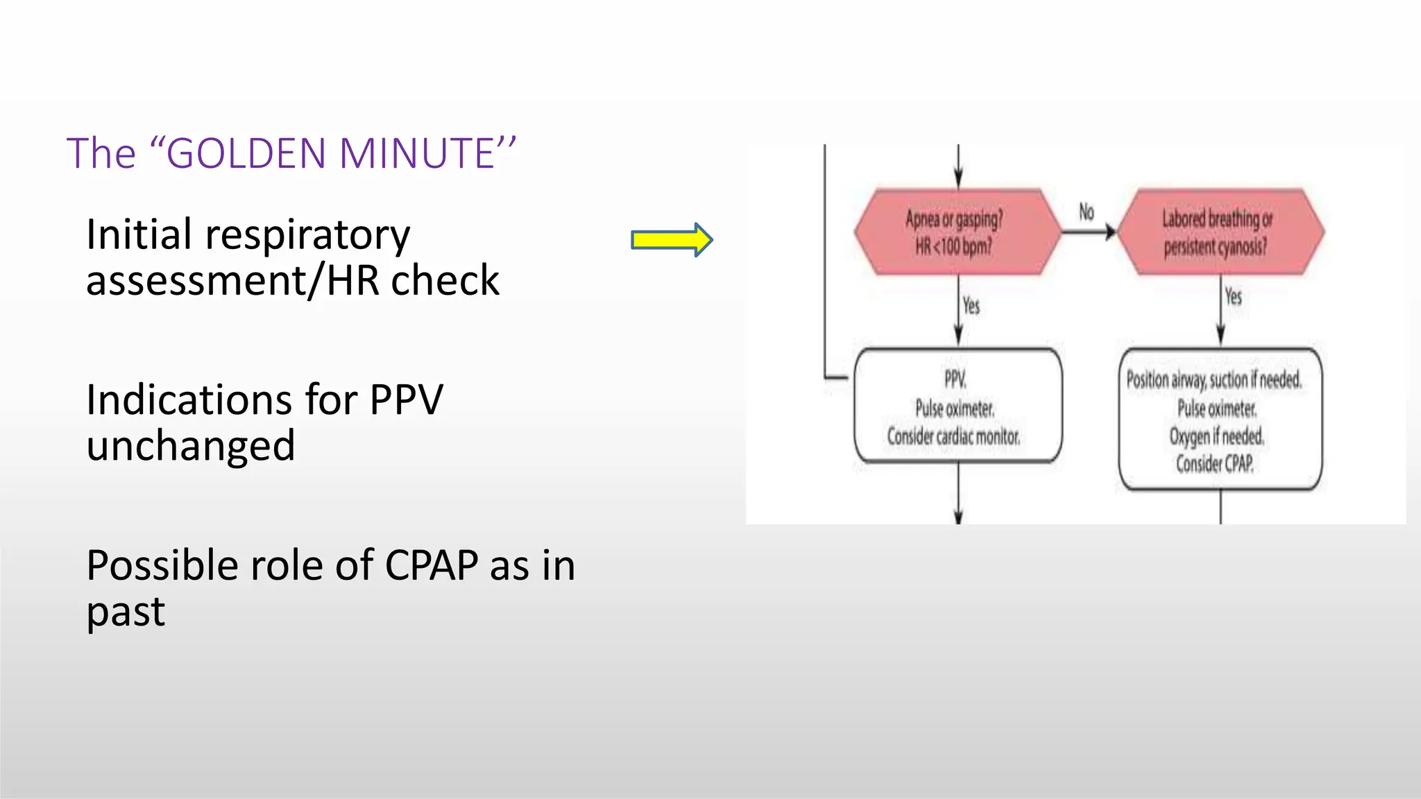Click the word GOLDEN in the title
[246, 153]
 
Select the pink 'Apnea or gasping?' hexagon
[957, 232]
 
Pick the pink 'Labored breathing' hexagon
[1219, 232]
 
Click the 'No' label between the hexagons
[1086, 212]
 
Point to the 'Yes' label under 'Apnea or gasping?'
[971, 305]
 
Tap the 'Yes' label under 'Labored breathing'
[1233, 297]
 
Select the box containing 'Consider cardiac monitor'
[958, 406]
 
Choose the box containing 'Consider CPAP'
[1220, 420]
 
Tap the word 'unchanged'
[191, 446]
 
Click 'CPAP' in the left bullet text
[431, 566]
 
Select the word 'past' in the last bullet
[126, 613]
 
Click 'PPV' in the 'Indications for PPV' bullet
[406, 400]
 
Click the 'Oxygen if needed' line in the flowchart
[1216, 436]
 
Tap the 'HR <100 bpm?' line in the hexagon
[953, 246]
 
